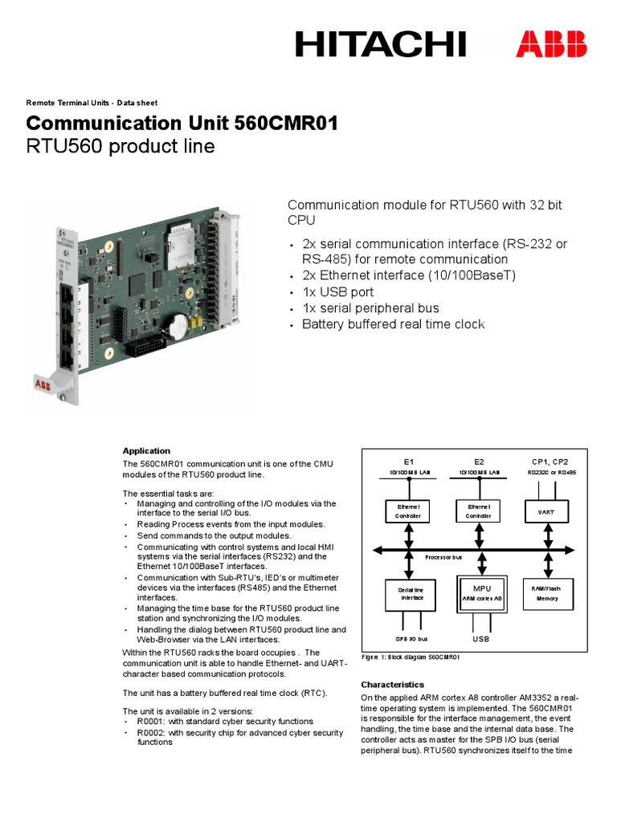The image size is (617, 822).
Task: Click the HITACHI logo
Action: [x=380, y=43]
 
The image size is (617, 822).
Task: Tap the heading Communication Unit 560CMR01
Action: [x=182, y=124]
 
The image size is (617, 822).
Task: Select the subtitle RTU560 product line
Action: [x=121, y=147]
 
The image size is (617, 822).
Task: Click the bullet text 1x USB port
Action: [x=337, y=292]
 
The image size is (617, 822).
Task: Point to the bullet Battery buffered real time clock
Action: [x=393, y=324]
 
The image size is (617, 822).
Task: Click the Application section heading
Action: [x=146, y=450]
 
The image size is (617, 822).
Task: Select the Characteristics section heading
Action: [x=392, y=685]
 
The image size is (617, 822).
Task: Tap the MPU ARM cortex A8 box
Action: [x=481, y=594]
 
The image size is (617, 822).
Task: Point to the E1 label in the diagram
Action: [x=408, y=462]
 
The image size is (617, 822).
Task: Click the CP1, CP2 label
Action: [x=550, y=462]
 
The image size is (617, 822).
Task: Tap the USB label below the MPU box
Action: [x=480, y=639]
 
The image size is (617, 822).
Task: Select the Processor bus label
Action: [x=443, y=555]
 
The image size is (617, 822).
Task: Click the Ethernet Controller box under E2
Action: [x=480, y=511]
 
